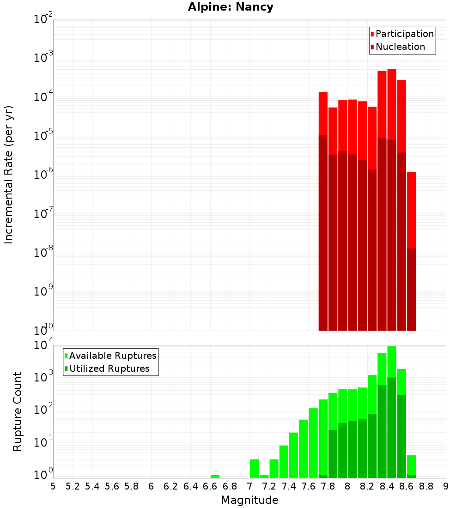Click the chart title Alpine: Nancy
tap(231, 7)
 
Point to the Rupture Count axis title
tap(18, 411)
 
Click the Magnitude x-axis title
tap(249, 500)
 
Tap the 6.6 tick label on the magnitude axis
tap(210, 486)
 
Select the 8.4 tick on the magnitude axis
tap(387, 486)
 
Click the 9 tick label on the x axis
tap(446, 486)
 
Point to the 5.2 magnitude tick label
tap(73, 486)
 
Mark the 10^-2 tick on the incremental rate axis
tap(43, 19)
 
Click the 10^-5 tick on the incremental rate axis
tap(43, 136)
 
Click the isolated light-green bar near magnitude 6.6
tap(215, 476)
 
